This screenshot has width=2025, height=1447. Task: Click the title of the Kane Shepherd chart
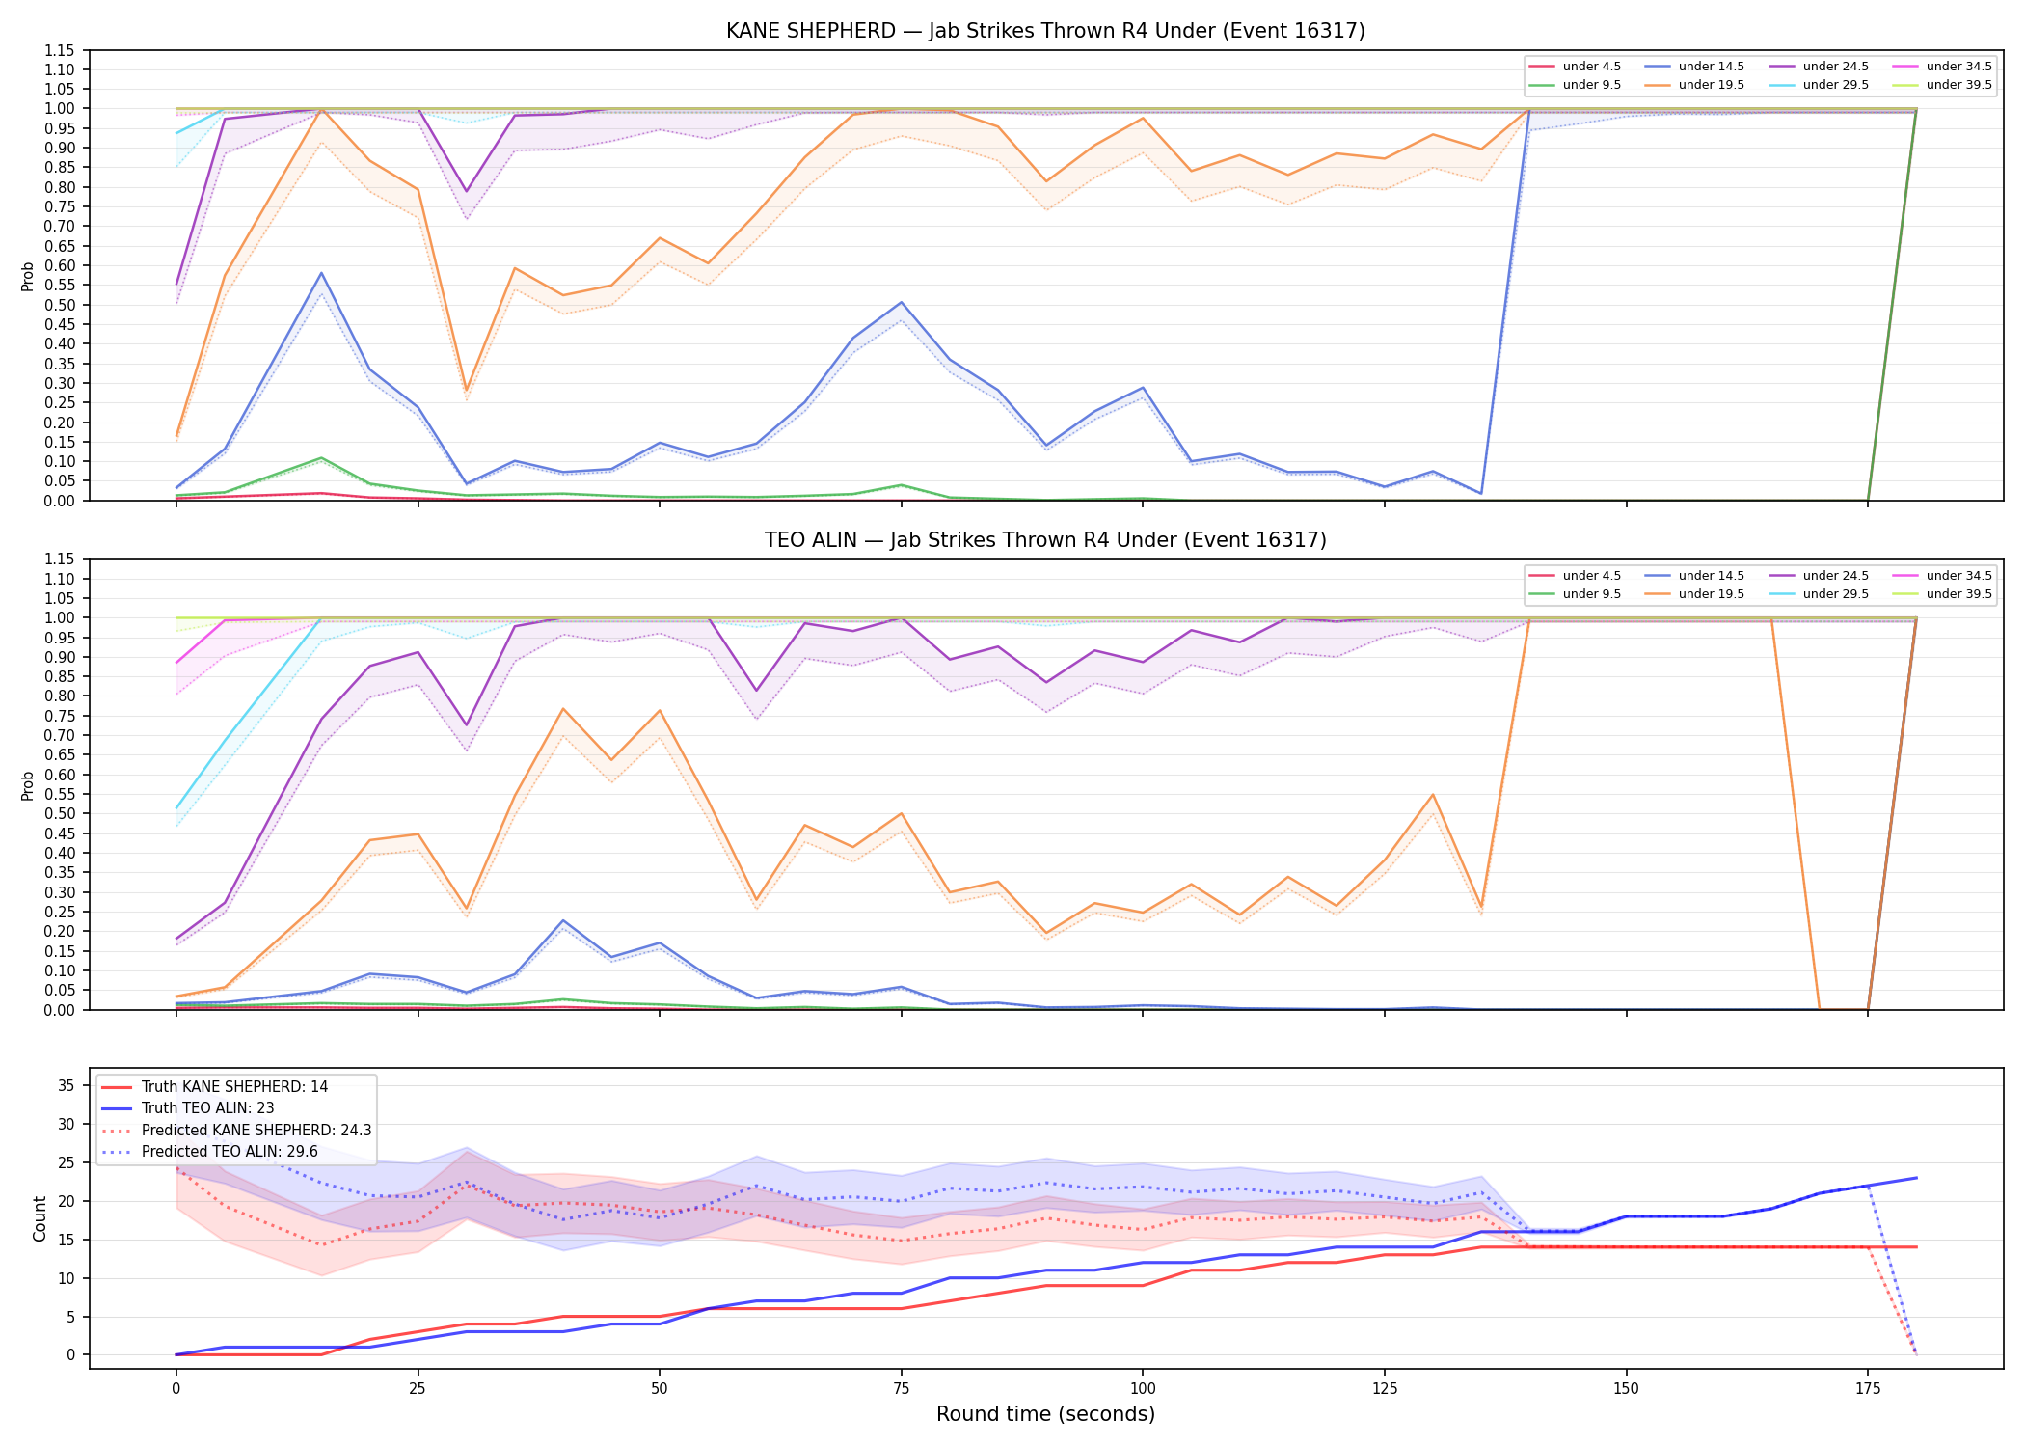(x=1045, y=31)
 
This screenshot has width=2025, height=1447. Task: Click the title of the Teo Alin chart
(x=1045, y=540)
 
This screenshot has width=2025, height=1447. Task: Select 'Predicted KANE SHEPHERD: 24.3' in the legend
(x=236, y=1131)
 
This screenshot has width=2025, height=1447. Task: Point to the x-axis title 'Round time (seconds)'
(x=1045, y=1414)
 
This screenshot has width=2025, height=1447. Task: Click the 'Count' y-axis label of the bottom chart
(x=40, y=1218)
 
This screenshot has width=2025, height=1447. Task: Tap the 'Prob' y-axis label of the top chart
(x=28, y=276)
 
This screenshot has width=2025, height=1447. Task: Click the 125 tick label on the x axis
(x=1385, y=1389)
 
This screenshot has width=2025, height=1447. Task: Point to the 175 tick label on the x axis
(x=1868, y=1389)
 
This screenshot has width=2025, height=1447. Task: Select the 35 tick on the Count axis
(x=66, y=1085)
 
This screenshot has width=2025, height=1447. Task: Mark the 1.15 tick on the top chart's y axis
(x=59, y=50)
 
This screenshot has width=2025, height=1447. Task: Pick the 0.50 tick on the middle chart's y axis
(x=59, y=813)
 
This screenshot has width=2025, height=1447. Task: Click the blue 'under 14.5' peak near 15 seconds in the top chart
(x=321, y=273)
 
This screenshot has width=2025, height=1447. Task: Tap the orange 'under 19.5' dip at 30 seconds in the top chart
(x=467, y=391)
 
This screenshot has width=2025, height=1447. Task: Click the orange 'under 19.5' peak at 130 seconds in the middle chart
(x=1433, y=795)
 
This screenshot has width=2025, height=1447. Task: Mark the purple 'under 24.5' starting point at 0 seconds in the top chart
(x=176, y=284)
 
